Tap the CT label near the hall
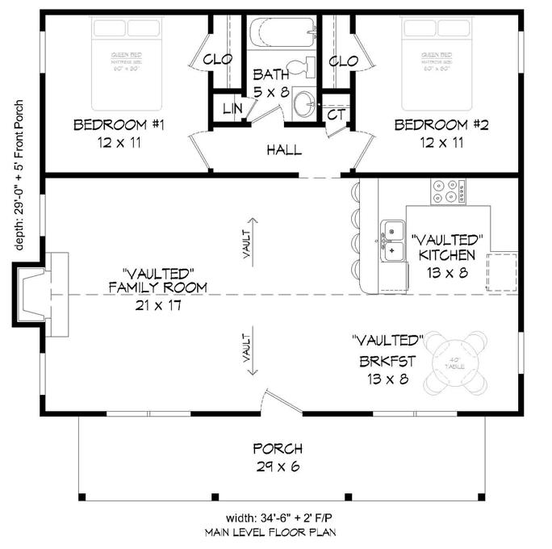coord(336,115)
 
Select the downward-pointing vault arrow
coord(252,350)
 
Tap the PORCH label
coord(278,449)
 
